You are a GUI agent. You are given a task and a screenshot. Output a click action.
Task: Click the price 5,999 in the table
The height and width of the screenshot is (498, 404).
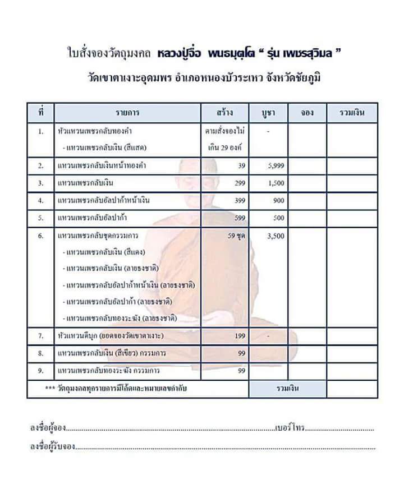coord(276,165)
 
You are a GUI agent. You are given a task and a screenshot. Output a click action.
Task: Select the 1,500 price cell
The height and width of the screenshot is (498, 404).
coord(276,183)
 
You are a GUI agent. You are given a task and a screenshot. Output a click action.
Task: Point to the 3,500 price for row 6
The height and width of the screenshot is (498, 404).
coord(276,236)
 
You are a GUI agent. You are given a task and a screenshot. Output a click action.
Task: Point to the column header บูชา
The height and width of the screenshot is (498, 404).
coord(267,113)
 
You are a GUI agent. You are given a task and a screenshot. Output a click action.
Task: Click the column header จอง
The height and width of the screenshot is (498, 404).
coord(306,113)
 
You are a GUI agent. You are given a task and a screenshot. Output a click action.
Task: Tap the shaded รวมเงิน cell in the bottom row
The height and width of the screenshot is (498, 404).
coord(287,389)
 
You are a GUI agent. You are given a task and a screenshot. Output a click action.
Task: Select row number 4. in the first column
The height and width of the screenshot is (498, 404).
coord(40,200)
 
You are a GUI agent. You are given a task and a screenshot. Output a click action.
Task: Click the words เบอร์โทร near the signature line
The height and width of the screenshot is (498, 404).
coord(290,428)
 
